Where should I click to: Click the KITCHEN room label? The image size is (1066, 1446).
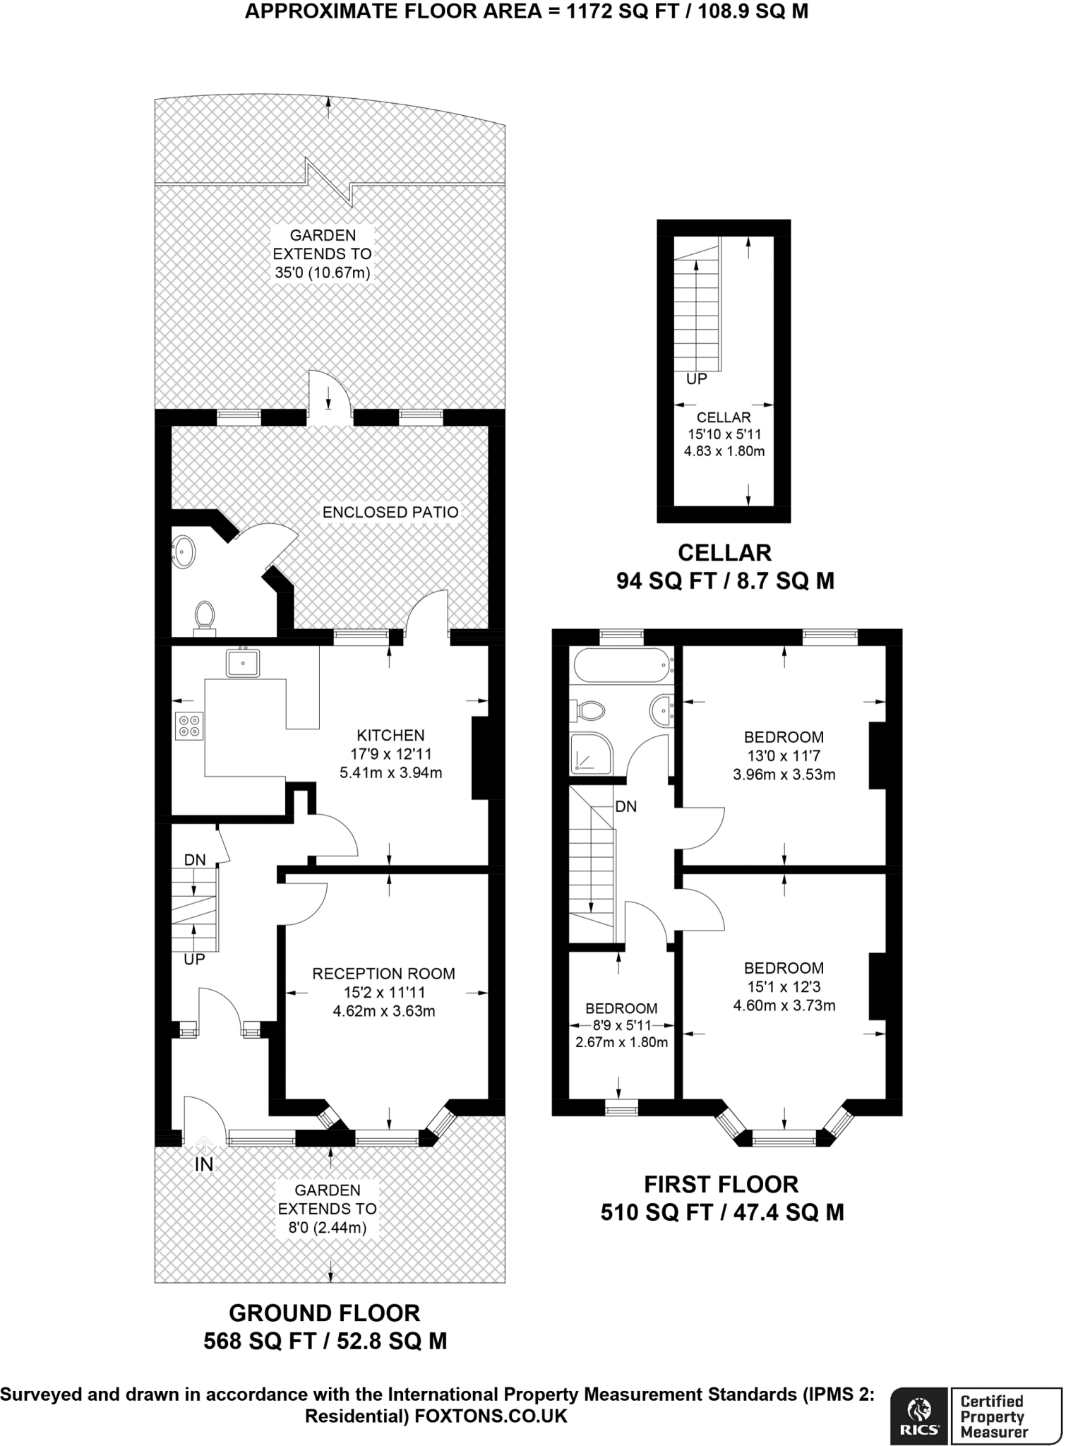point(390,735)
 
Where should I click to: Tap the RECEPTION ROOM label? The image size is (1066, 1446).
point(383,974)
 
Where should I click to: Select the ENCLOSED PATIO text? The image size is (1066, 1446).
point(390,512)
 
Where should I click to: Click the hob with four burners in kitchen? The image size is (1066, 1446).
point(189,726)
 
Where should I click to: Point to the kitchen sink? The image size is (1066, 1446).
point(242,663)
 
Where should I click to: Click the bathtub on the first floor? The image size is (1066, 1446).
point(621,665)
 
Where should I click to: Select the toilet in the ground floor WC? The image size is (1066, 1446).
point(205,615)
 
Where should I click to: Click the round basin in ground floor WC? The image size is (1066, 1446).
point(184,551)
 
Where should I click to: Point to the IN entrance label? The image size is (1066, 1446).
point(204,1164)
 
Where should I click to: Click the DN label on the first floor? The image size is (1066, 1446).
point(626,806)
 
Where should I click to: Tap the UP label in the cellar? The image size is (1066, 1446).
point(697,379)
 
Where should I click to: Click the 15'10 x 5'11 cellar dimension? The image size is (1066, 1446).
point(724,435)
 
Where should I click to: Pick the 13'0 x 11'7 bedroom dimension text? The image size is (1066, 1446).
point(784,755)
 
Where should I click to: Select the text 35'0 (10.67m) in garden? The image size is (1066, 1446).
point(323,273)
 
